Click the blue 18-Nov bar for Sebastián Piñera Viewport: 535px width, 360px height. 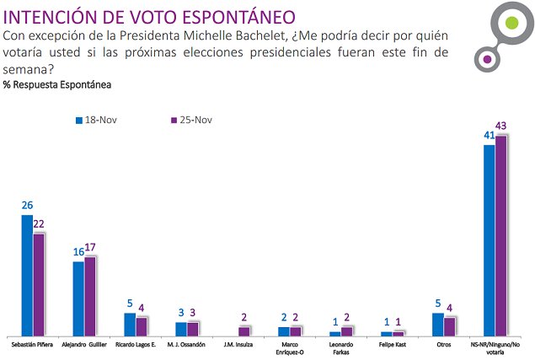click(27, 276)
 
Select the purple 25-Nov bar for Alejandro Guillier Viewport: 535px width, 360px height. click(90, 296)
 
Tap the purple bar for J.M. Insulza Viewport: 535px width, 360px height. click(244, 331)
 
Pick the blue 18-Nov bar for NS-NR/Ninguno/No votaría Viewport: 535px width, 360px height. click(490, 240)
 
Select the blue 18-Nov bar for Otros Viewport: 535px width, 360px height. click(437, 325)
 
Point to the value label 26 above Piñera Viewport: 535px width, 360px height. click(27, 205)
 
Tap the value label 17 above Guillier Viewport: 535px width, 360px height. click(91, 247)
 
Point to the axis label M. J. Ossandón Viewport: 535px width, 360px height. click(186, 346)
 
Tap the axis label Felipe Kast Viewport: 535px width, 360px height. click(392, 346)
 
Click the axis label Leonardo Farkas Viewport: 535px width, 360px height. click(341, 349)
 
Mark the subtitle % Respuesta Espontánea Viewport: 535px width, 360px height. click(57, 85)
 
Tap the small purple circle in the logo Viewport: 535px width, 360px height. click(486, 59)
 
